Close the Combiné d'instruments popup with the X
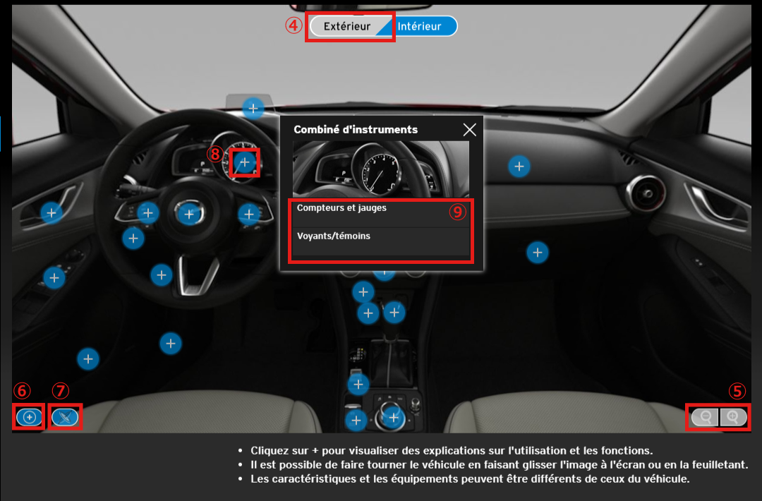(x=469, y=130)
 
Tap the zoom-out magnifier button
(x=705, y=417)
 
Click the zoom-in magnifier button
(x=733, y=417)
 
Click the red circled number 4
(x=294, y=25)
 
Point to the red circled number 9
(x=457, y=212)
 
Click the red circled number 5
(x=737, y=391)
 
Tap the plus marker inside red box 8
(x=245, y=162)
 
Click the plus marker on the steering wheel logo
(x=189, y=214)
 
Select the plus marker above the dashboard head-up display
(x=253, y=109)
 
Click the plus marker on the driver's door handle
(x=52, y=213)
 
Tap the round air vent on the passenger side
(x=646, y=193)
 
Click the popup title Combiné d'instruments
(x=356, y=130)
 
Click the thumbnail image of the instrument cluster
(x=381, y=169)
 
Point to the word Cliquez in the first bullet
(x=269, y=451)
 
